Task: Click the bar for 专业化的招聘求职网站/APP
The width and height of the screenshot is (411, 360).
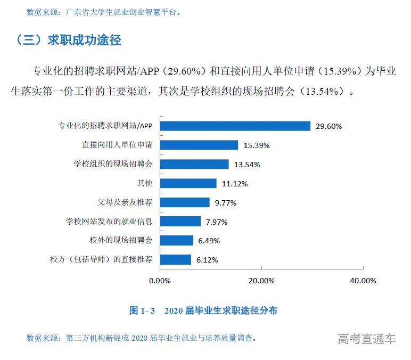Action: [235, 126]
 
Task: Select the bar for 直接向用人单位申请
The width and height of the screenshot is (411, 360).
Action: [199, 145]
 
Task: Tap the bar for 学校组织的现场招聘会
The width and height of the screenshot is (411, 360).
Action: [194, 164]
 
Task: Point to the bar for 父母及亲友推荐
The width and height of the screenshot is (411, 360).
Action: [185, 202]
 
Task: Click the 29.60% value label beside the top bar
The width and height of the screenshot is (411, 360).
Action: [328, 126]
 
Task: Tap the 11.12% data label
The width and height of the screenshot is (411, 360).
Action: [234, 184]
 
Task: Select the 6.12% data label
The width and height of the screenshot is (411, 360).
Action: [208, 260]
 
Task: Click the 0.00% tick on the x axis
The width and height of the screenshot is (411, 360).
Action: [160, 281]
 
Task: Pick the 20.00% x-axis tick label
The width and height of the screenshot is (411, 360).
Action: [262, 281]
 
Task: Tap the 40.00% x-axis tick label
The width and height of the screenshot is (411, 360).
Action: [364, 281]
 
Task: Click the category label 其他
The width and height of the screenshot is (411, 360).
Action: [145, 183]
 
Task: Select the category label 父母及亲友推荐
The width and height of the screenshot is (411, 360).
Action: [125, 202]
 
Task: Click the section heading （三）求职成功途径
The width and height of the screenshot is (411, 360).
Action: [69, 40]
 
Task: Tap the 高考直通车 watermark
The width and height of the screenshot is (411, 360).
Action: [367, 339]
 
